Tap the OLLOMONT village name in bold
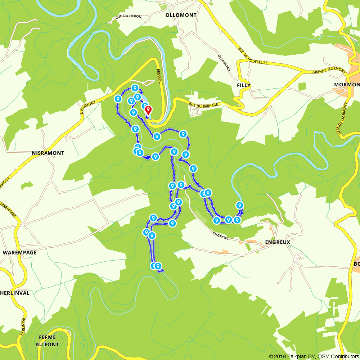pyautogui.click(x=181, y=15)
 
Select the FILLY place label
pyautogui.click(x=244, y=85)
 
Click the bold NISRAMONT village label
pyautogui.click(x=48, y=153)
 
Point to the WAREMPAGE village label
pyautogui.click(x=19, y=252)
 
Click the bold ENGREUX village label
pyautogui.click(x=278, y=242)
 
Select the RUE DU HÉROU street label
pyautogui.click(x=129, y=17)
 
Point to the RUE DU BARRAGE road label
pyautogui.click(x=203, y=105)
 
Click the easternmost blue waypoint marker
pyautogui.click(x=240, y=205)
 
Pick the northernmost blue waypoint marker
pyautogui.click(x=135, y=87)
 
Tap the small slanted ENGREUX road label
pyautogui.click(x=220, y=235)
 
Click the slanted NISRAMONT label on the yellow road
pyautogui.click(x=88, y=107)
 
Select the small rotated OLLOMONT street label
pyautogui.click(x=224, y=63)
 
